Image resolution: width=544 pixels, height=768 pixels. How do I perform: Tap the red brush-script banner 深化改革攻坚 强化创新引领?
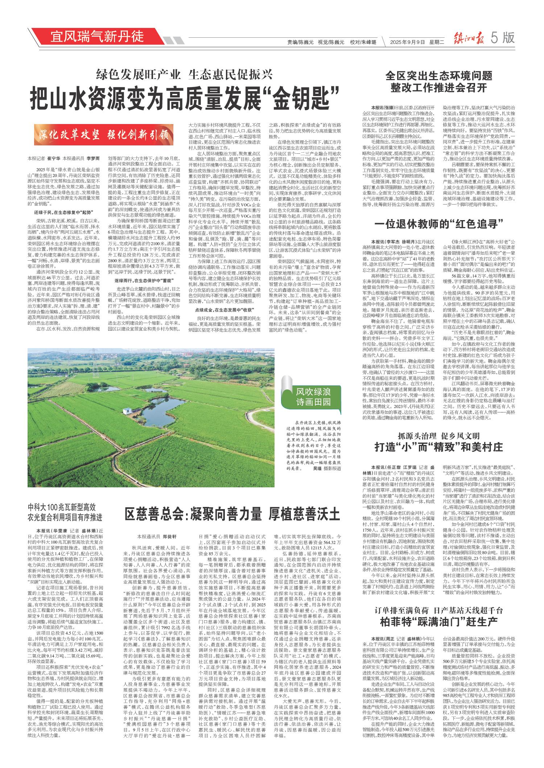(x=102, y=134)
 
